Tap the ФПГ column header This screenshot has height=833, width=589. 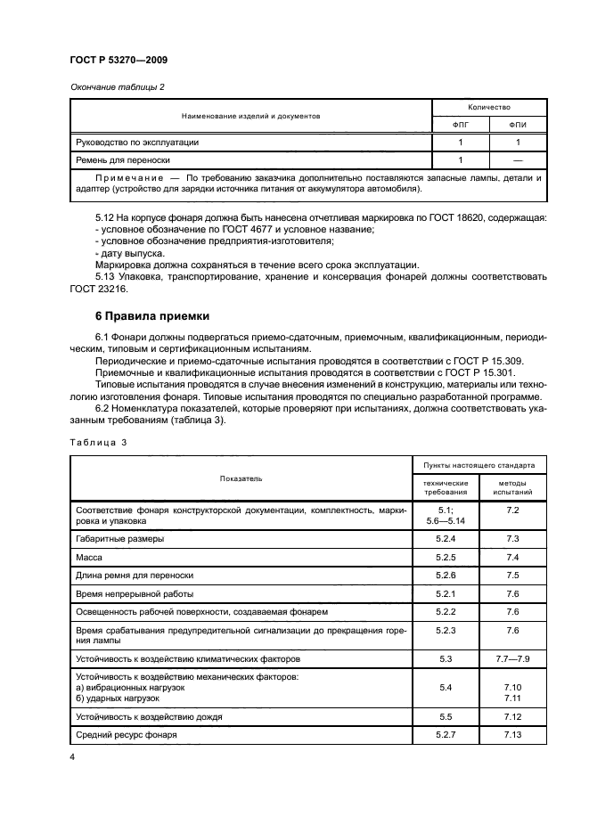(460, 124)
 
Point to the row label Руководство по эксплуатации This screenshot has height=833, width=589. (136, 142)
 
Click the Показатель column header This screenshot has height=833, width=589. (241, 478)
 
